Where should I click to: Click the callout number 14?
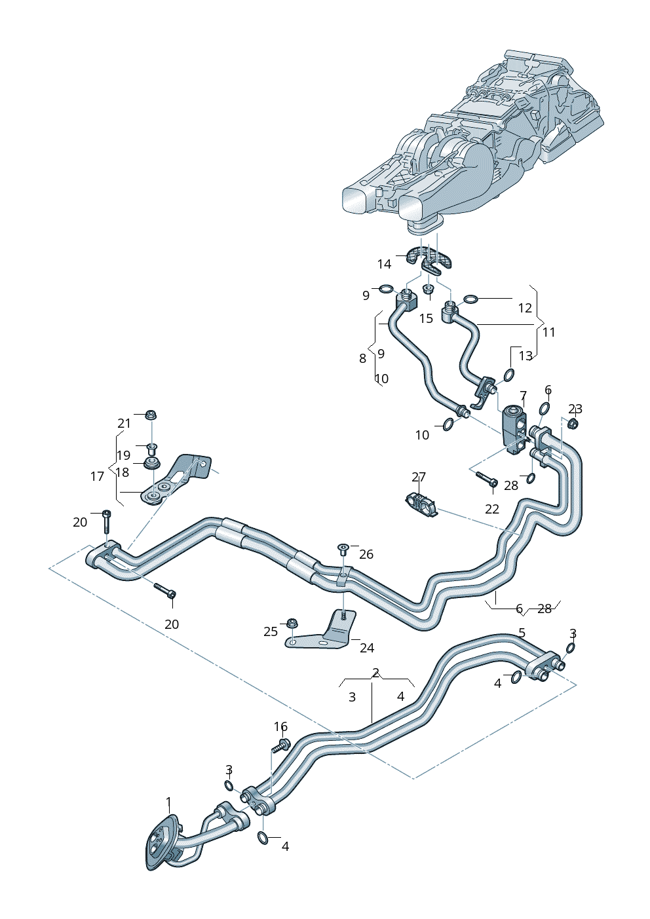coord(384,264)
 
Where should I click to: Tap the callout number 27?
coord(419,477)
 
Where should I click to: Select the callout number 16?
coord(280,726)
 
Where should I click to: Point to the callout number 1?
coord(168,802)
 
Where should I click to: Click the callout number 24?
coord(367,648)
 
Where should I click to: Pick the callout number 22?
coord(492,509)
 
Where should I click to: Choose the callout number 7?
coord(523,396)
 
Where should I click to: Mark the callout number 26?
coord(366,554)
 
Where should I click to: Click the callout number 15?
coord(426,318)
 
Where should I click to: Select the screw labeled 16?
coord(282,745)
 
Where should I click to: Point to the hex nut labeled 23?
coord(571,424)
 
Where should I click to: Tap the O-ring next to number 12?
coord(470,300)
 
